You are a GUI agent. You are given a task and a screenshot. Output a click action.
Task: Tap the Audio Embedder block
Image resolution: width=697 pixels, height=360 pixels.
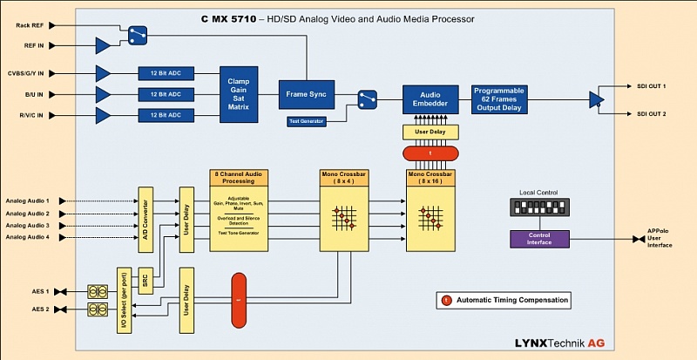coord(429,98)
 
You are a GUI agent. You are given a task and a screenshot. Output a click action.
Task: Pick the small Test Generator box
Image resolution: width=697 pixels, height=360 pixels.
coord(308,121)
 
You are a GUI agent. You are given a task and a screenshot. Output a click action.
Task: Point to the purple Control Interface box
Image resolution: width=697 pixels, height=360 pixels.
coord(538,238)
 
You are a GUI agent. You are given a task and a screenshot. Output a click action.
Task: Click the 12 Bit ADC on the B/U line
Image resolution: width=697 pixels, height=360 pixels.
coord(164,93)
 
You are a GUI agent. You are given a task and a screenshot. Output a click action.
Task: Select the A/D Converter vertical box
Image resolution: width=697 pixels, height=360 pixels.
coord(145,213)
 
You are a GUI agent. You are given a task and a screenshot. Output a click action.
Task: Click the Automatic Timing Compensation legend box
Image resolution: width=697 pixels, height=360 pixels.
coord(505,300)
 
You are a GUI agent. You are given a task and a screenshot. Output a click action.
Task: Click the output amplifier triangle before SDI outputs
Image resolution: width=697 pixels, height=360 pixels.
coord(596,100)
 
